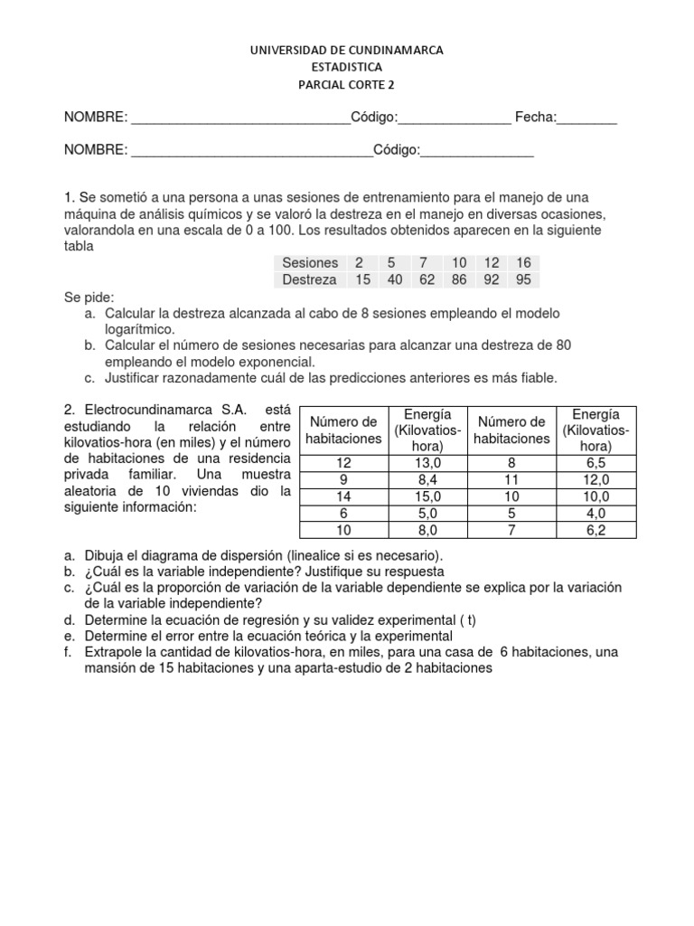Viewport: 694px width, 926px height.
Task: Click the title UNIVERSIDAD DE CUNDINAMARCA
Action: pyautogui.click(x=347, y=51)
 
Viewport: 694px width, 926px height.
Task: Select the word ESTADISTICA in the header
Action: pyautogui.click(x=347, y=68)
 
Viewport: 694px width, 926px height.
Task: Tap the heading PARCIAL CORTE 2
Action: pyautogui.click(x=347, y=85)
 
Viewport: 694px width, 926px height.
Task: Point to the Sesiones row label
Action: pyautogui.click(x=309, y=262)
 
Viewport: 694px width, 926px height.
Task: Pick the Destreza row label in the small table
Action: pyautogui.click(x=309, y=279)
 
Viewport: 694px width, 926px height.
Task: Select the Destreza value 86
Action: pyautogui.click(x=459, y=279)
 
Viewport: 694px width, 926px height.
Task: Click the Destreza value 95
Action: pyautogui.click(x=522, y=279)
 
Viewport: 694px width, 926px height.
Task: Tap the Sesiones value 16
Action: pyautogui.click(x=522, y=262)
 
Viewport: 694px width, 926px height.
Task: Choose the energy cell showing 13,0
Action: pyautogui.click(x=427, y=464)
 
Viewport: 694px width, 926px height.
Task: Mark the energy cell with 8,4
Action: pyautogui.click(x=427, y=480)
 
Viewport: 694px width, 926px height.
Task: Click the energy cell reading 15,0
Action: pyautogui.click(x=427, y=497)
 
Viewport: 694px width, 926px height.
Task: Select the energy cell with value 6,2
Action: pyautogui.click(x=596, y=531)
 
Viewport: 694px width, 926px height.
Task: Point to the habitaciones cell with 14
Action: pyautogui.click(x=342, y=497)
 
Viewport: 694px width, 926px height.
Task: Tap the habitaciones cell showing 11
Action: pyautogui.click(x=511, y=480)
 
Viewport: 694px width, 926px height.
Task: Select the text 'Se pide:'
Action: pyautogui.click(x=87, y=297)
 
